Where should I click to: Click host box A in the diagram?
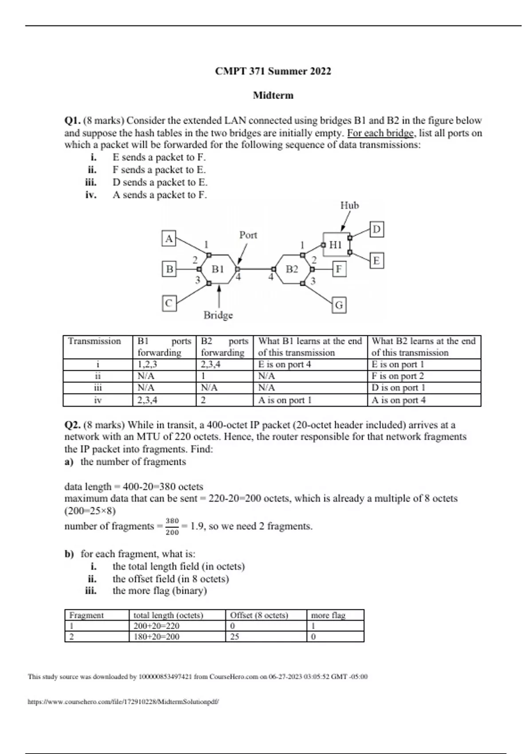tap(169, 239)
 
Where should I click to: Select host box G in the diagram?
tap(339, 305)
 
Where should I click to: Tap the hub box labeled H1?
tap(336, 244)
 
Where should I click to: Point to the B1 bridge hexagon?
tap(218, 269)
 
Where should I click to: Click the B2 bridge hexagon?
tap(292, 269)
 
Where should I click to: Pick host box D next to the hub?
tap(376, 229)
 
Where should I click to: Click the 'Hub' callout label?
tap(349, 205)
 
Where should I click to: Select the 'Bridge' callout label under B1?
tap(218, 315)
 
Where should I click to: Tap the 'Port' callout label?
tap(248, 235)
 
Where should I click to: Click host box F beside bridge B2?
tap(339, 269)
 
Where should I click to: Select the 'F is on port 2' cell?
tap(398, 376)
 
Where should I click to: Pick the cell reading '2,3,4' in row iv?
tap(147, 400)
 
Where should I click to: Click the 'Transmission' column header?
tap(94, 341)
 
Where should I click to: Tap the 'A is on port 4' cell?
tap(399, 400)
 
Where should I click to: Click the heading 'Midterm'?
tap(273, 95)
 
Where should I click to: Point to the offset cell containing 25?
tap(235, 636)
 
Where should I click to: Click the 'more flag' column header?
tap(328, 615)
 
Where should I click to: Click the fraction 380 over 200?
tap(172, 526)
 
